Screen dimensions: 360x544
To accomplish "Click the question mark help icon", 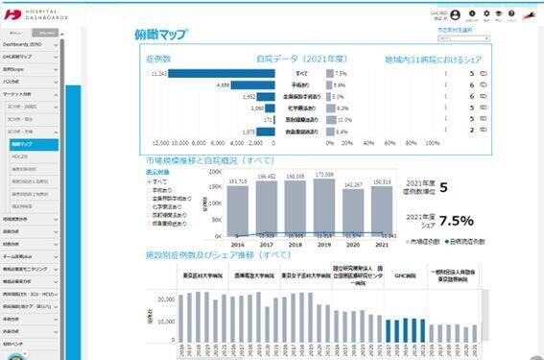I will (x=504, y=13).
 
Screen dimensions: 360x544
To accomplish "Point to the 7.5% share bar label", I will (x=340, y=73).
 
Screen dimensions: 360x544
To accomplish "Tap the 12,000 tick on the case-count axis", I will (x=154, y=141).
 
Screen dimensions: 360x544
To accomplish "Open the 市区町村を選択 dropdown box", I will (x=454, y=38).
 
